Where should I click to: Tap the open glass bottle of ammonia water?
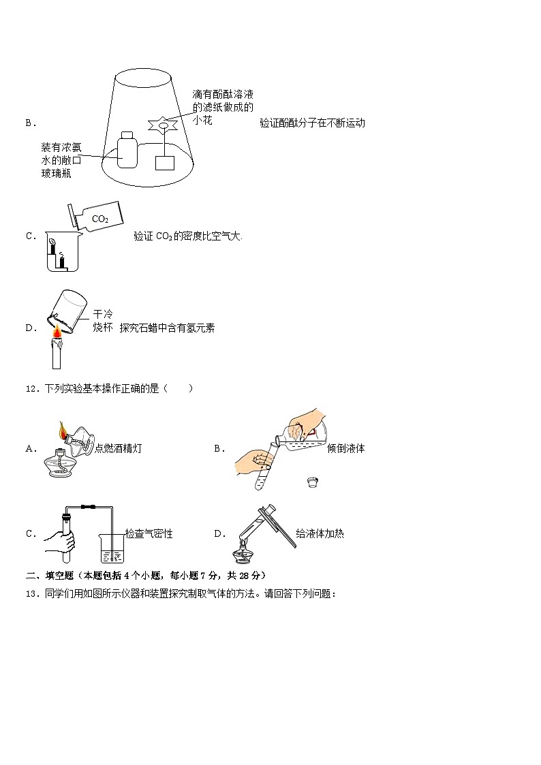[x=127, y=149]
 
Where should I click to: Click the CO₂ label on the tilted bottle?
[x=99, y=219]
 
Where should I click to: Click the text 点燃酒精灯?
[x=119, y=448]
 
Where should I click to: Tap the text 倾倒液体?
[x=345, y=448]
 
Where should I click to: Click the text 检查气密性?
[x=149, y=534]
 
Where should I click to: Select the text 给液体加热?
[x=320, y=534]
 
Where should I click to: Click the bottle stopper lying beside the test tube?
[x=313, y=484]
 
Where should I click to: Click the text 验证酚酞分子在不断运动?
[x=312, y=123]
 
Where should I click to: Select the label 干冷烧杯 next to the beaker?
[x=102, y=321]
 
